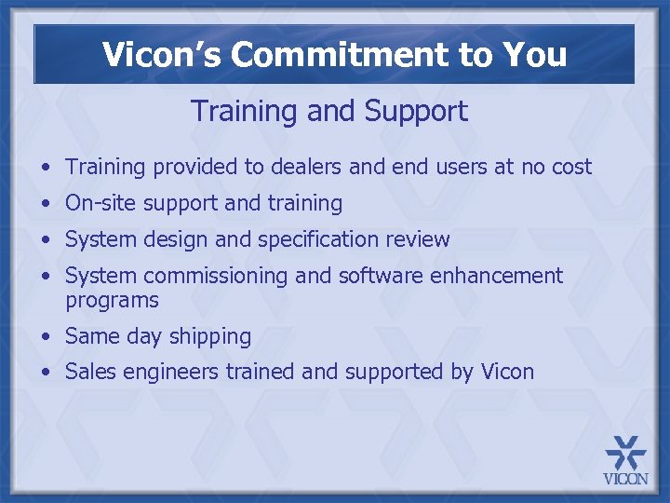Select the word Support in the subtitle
(416, 112)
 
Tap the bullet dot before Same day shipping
(46, 337)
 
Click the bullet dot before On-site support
(46, 203)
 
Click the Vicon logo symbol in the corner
(625, 454)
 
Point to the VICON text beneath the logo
(625, 481)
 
